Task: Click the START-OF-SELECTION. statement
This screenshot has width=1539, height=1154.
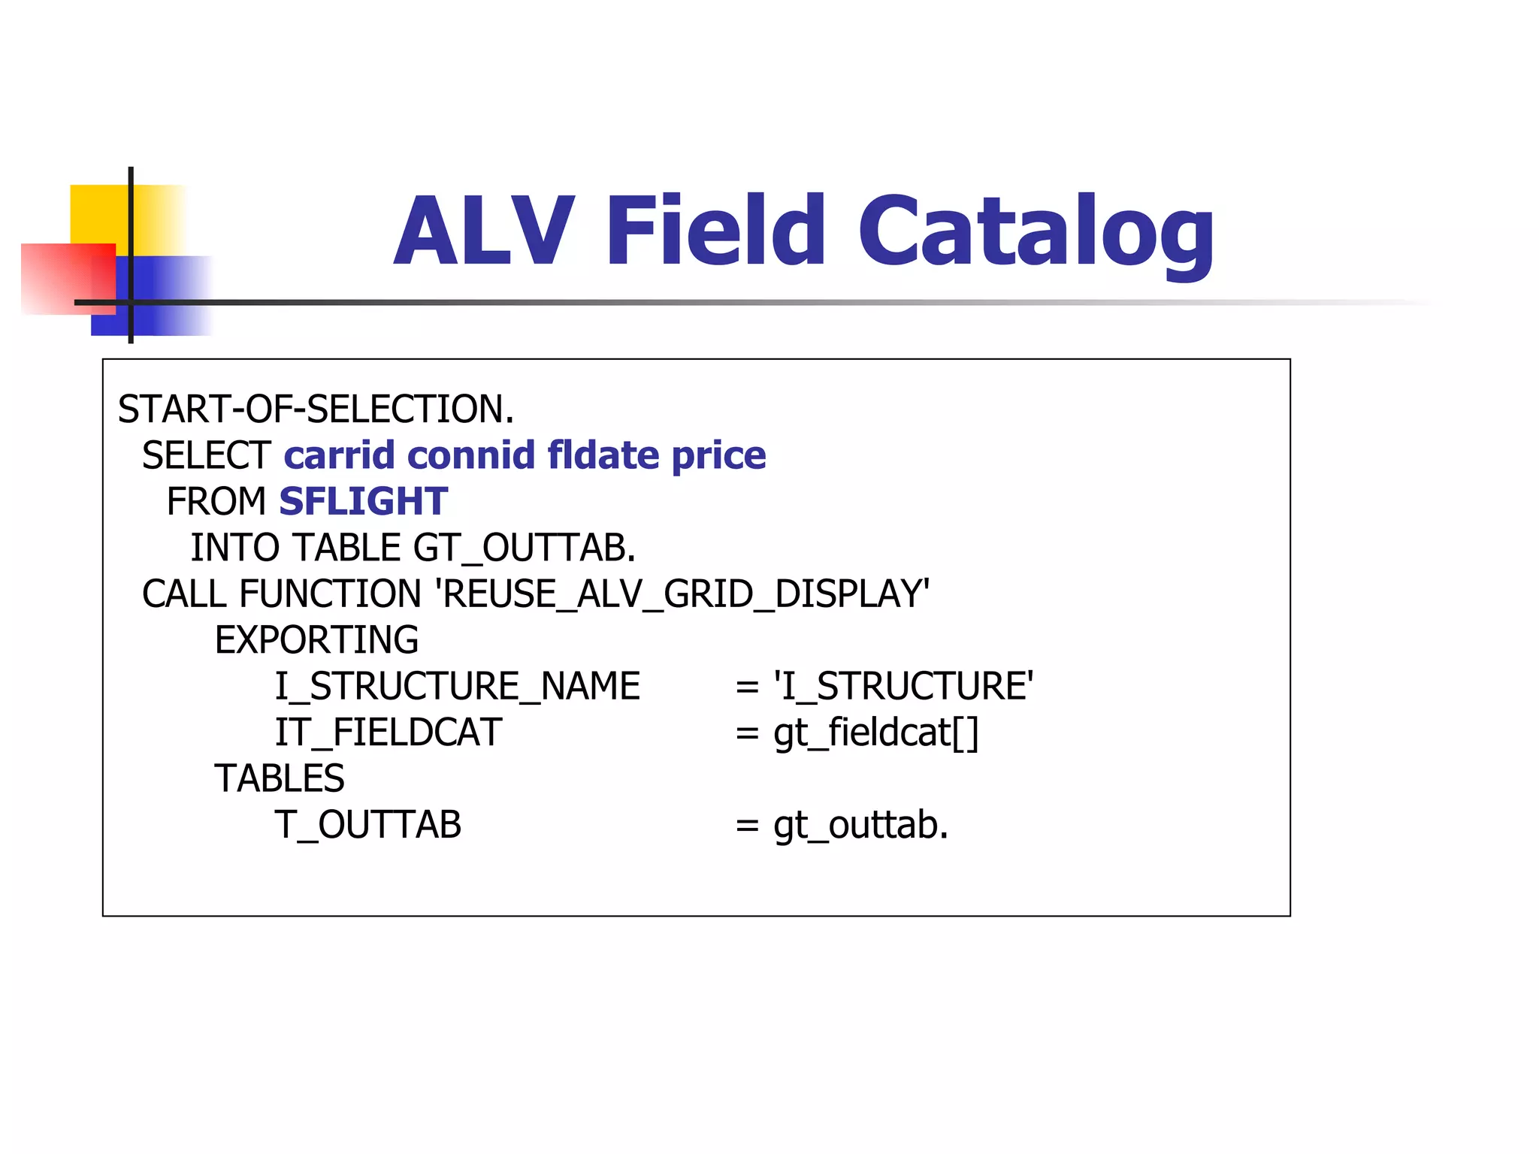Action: click(x=316, y=409)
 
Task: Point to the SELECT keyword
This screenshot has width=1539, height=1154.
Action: click(x=206, y=456)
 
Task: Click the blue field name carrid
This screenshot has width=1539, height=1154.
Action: click(x=339, y=456)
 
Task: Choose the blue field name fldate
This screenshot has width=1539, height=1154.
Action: click(x=603, y=456)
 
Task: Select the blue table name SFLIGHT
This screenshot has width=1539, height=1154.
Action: click(x=364, y=502)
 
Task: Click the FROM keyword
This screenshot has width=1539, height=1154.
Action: click(x=216, y=502)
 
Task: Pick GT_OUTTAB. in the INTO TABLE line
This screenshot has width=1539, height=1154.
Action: click(x=525, y=548)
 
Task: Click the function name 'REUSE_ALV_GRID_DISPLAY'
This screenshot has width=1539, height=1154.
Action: click(x=682, y=594)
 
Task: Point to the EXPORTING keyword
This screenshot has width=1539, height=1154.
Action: click(x=316, y=640)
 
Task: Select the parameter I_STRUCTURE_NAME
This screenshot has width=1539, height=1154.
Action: click(x=457, y=687)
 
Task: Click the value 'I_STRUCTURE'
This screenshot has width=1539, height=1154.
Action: click(x=903, y=687)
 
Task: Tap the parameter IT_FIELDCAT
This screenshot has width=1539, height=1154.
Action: click(x=388, y=733)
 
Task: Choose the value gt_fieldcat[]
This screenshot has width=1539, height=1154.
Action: click(x=876, y=733)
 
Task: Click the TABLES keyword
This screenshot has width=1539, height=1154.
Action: click(x=280, y=778)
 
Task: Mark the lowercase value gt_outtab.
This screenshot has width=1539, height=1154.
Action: click(x=861, y=825)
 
